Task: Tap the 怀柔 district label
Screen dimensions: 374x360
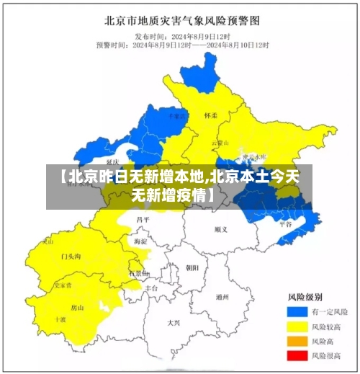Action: click(x=211, y=115)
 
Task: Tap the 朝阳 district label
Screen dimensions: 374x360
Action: click(x=192, y=267)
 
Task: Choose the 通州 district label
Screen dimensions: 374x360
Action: click(x=222, y=296)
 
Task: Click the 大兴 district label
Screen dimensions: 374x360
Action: click(x=174, y=322)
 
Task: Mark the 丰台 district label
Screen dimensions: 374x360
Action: click(x=151, y=287)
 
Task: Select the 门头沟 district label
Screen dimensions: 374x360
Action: click(x=71, y=256)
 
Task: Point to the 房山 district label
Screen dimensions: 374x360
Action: click(x=77, y=308)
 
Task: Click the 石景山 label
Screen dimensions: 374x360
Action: click(x=139, y=273)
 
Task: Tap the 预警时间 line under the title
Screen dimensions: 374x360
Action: click(x=180, y=45)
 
